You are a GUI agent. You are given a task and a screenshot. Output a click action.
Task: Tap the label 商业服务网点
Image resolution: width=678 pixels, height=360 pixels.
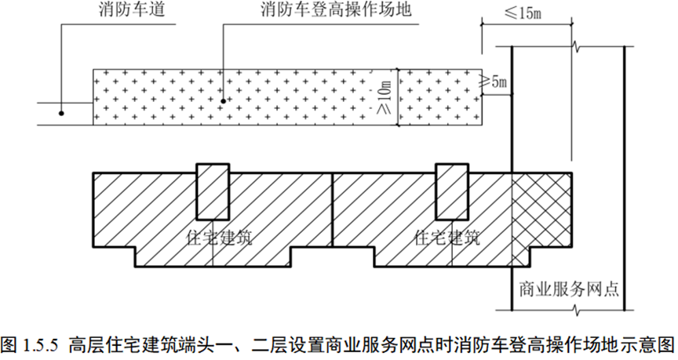pyautogui.click(x=566, y=287)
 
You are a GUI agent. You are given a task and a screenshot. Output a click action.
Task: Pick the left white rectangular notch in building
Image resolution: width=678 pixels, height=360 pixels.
pyautogui.click(x=213, y=191)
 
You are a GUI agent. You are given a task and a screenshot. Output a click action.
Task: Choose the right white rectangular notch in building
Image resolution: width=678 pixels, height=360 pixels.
pyautogui.click(x=453, y=191)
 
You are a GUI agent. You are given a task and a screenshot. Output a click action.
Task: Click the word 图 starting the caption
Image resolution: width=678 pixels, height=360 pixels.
pyautogui.click(x=9, y=344)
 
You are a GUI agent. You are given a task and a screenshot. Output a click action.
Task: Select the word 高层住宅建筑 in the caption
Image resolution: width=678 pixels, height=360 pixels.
pyautogui.click(x=119, y=344)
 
